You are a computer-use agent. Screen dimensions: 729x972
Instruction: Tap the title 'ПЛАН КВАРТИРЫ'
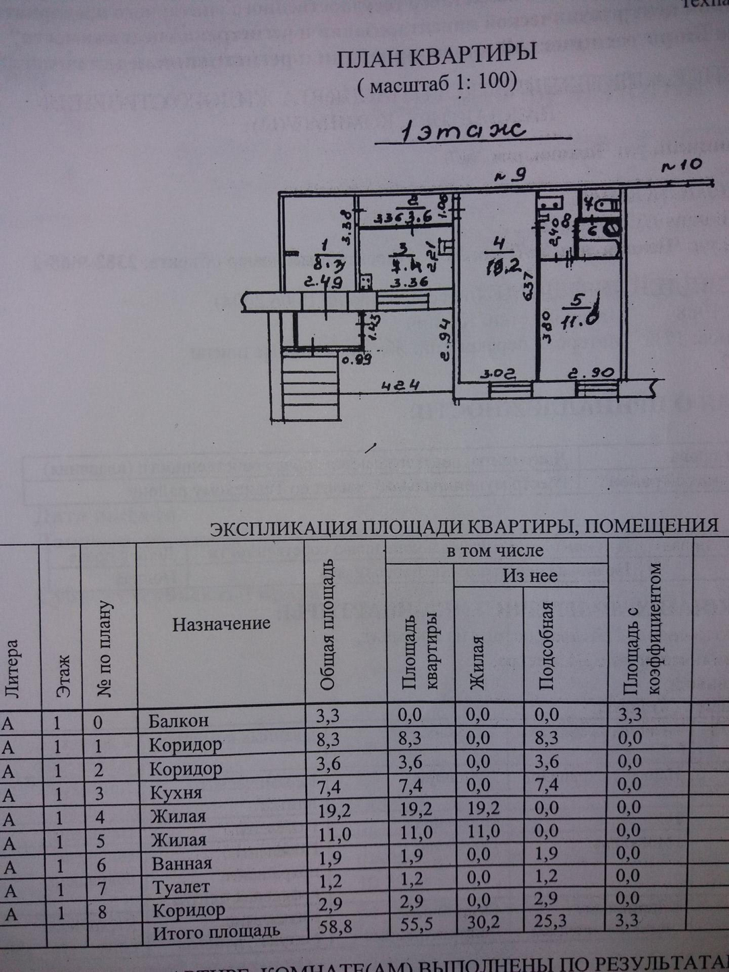pos(437,57)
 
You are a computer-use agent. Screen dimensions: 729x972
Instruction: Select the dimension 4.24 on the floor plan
pos(401,385)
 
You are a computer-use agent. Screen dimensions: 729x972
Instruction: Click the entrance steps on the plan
pos(310,387)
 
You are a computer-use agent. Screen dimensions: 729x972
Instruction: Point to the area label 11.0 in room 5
pos(579,321)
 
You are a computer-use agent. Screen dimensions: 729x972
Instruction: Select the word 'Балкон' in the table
pos(179,721)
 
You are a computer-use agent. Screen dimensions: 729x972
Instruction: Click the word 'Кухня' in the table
pos(175,792)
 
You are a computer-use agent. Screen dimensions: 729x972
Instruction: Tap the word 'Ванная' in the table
pos(182,863)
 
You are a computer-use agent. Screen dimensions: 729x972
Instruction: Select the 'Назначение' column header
pos(221,624)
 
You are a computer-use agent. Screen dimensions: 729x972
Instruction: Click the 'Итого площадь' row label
pos(216,933)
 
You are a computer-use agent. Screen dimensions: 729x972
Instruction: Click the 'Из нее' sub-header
pos(530,576)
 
